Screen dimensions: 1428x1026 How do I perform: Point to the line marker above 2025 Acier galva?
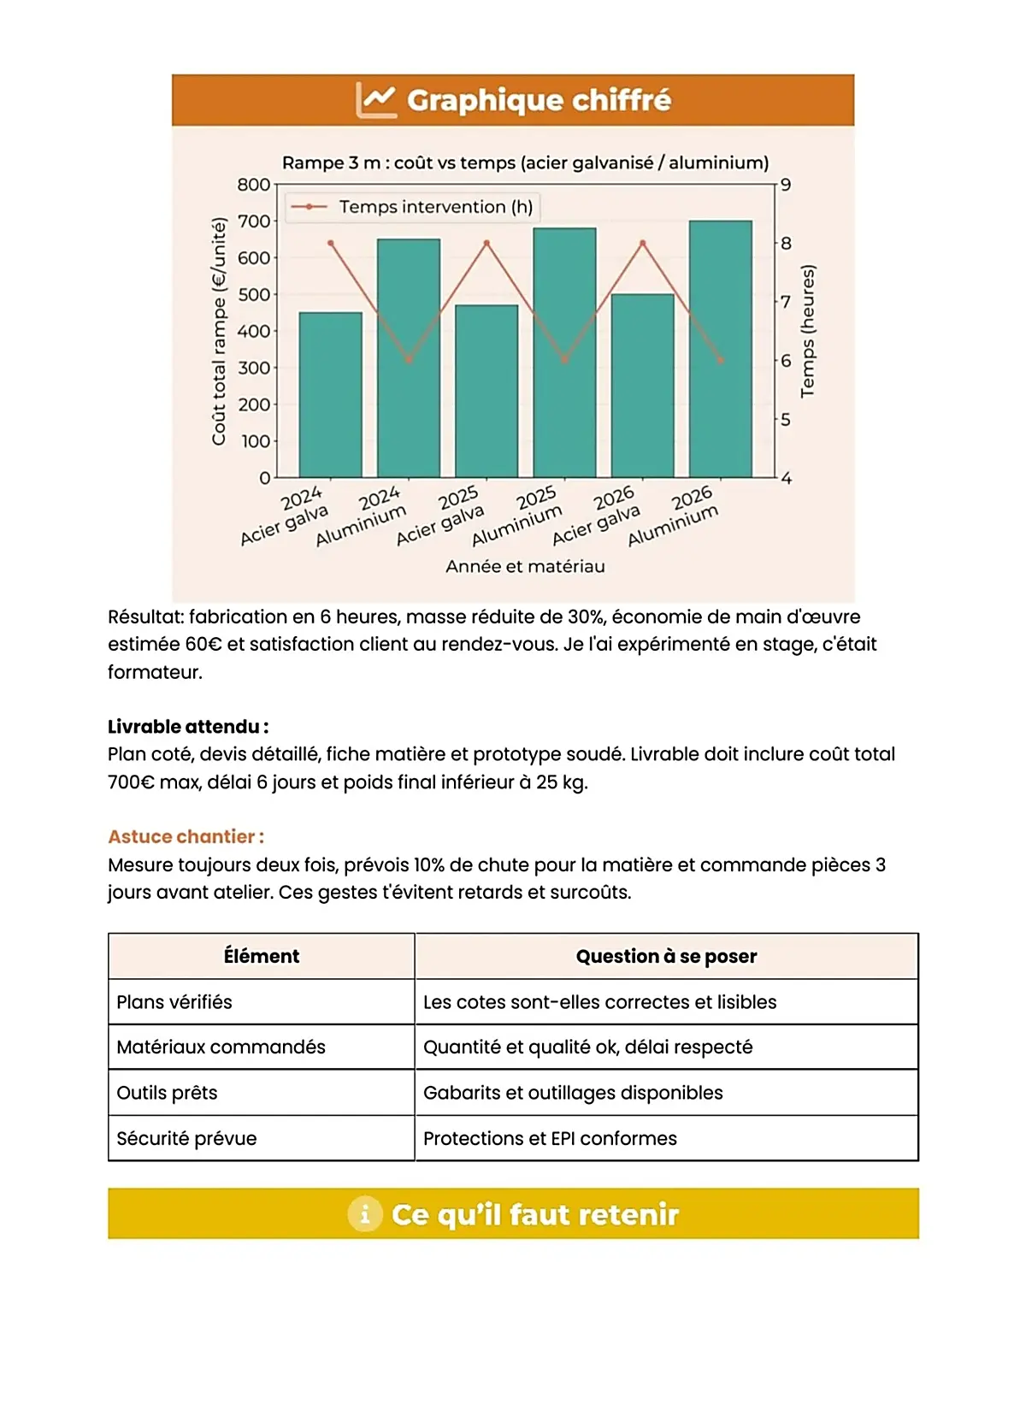coord(486,243)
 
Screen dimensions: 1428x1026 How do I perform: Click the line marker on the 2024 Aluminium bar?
coord(409,360)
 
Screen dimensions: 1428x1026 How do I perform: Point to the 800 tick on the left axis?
coord(253,185)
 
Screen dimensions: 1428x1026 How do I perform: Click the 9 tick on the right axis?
coord(786,185)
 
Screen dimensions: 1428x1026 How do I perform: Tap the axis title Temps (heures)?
coord(807,331)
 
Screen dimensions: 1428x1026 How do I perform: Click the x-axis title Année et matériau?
coord(525,566)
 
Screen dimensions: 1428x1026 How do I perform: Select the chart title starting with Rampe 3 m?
coord(525,162)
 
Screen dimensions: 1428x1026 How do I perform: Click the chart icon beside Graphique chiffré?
coord(375,100)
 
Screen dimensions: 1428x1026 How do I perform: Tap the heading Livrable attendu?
coord(188,727)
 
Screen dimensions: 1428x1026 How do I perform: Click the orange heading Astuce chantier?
coord(186,836)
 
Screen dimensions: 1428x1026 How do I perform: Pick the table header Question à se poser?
coord(666,956)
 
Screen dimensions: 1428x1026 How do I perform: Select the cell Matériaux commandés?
coord(221,1047)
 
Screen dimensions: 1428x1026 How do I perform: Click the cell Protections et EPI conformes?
coord(550,1138)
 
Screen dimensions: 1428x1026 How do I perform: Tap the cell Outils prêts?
coord(167,1093)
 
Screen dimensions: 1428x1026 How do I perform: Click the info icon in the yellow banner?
coord(364,1214)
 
